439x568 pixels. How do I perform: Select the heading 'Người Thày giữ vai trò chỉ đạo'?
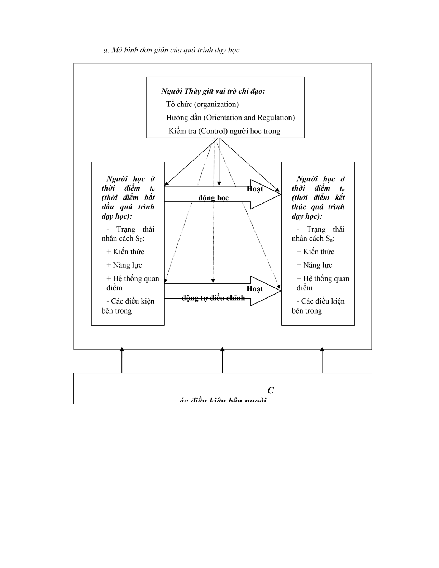(213, 91)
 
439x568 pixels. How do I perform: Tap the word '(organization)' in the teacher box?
(216, 104)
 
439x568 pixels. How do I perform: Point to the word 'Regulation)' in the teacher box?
(276, 118)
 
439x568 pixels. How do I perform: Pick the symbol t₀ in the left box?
(152, 188)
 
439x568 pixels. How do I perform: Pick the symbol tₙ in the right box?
(342, 188)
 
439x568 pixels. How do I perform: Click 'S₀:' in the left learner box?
(139, 239)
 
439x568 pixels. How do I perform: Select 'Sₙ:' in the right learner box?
(330, 239)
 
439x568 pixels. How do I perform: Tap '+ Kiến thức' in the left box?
(125, 252)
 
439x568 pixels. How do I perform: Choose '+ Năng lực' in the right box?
(314, 265)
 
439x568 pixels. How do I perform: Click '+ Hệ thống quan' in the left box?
(133, 279)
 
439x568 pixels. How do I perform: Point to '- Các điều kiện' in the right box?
(320, 301)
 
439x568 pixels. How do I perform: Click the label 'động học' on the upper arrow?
(214, 198)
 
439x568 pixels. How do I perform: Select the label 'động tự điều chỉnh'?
(214, 298)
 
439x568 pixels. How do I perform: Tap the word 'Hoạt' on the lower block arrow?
(255, 289)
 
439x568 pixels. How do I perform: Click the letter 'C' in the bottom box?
(271, 391)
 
